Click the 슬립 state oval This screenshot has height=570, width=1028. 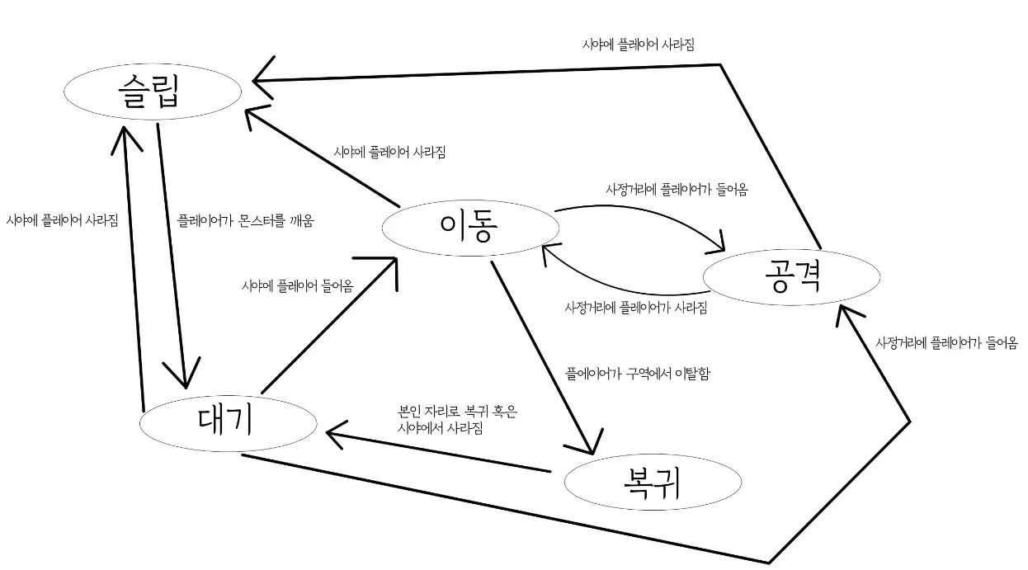click(x=153, y=92)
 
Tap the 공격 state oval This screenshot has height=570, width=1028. click(x=790, y=277)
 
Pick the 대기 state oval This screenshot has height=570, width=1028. click(x=228, y=422)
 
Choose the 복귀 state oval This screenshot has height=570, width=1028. click(x=652, y=484)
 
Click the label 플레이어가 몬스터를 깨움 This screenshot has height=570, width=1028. click(x=246, y=221)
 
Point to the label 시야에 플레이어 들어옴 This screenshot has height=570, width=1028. click(x=297, y=286)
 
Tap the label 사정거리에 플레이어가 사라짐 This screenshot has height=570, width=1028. click(x=635, y=308)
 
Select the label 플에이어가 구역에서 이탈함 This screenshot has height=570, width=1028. click(x=637, y=374)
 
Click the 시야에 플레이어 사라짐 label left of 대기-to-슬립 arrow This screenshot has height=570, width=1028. click(x=62, y=220)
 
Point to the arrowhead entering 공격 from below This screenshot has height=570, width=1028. click(x=846, y=313)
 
